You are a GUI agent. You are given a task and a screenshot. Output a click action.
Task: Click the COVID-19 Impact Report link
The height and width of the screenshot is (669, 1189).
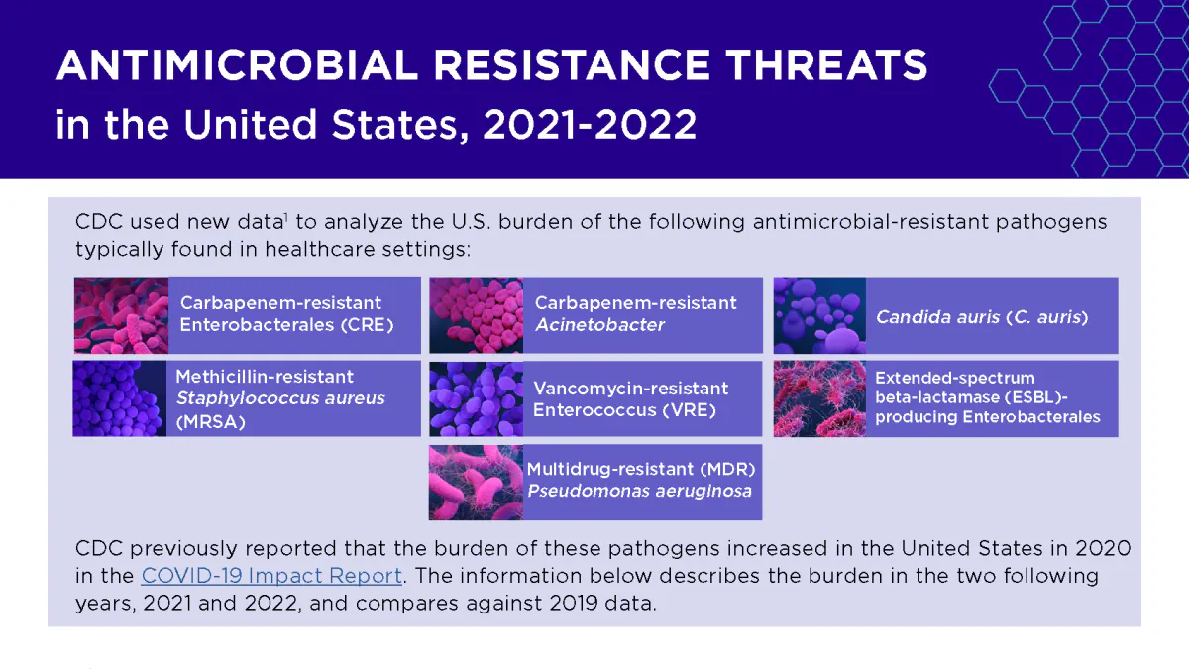270,576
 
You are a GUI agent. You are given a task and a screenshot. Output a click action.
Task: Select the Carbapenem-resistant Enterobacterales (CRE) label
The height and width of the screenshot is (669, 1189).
286,314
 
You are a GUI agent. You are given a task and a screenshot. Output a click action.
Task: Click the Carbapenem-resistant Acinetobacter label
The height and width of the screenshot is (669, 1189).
635,314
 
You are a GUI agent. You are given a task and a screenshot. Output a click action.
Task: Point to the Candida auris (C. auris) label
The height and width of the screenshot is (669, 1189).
982,317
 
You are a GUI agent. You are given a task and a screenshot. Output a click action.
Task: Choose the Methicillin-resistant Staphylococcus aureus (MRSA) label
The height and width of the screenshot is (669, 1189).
279,398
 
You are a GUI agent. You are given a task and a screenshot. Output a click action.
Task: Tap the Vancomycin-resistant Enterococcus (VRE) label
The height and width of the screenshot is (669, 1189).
630,398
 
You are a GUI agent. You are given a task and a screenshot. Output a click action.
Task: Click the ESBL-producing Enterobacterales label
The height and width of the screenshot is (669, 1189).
987,397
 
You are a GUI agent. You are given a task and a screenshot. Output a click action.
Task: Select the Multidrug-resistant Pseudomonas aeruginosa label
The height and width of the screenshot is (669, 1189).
640,480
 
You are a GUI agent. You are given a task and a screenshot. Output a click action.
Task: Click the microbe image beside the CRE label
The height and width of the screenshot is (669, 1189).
121,315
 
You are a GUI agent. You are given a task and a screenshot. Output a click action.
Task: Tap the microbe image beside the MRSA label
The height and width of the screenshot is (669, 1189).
119,398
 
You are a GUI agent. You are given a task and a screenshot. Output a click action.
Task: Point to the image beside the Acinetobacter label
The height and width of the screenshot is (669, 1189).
476,315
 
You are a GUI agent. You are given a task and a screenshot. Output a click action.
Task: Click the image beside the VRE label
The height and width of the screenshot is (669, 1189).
476,398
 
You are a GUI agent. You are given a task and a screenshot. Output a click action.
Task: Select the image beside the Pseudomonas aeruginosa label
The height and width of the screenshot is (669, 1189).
476,482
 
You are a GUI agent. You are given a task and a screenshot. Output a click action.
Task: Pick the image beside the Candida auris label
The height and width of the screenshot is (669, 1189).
819,315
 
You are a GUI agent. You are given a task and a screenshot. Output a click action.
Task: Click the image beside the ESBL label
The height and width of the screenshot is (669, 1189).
819,398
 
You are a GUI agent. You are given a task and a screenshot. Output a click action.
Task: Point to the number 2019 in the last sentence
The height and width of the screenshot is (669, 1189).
569,603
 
